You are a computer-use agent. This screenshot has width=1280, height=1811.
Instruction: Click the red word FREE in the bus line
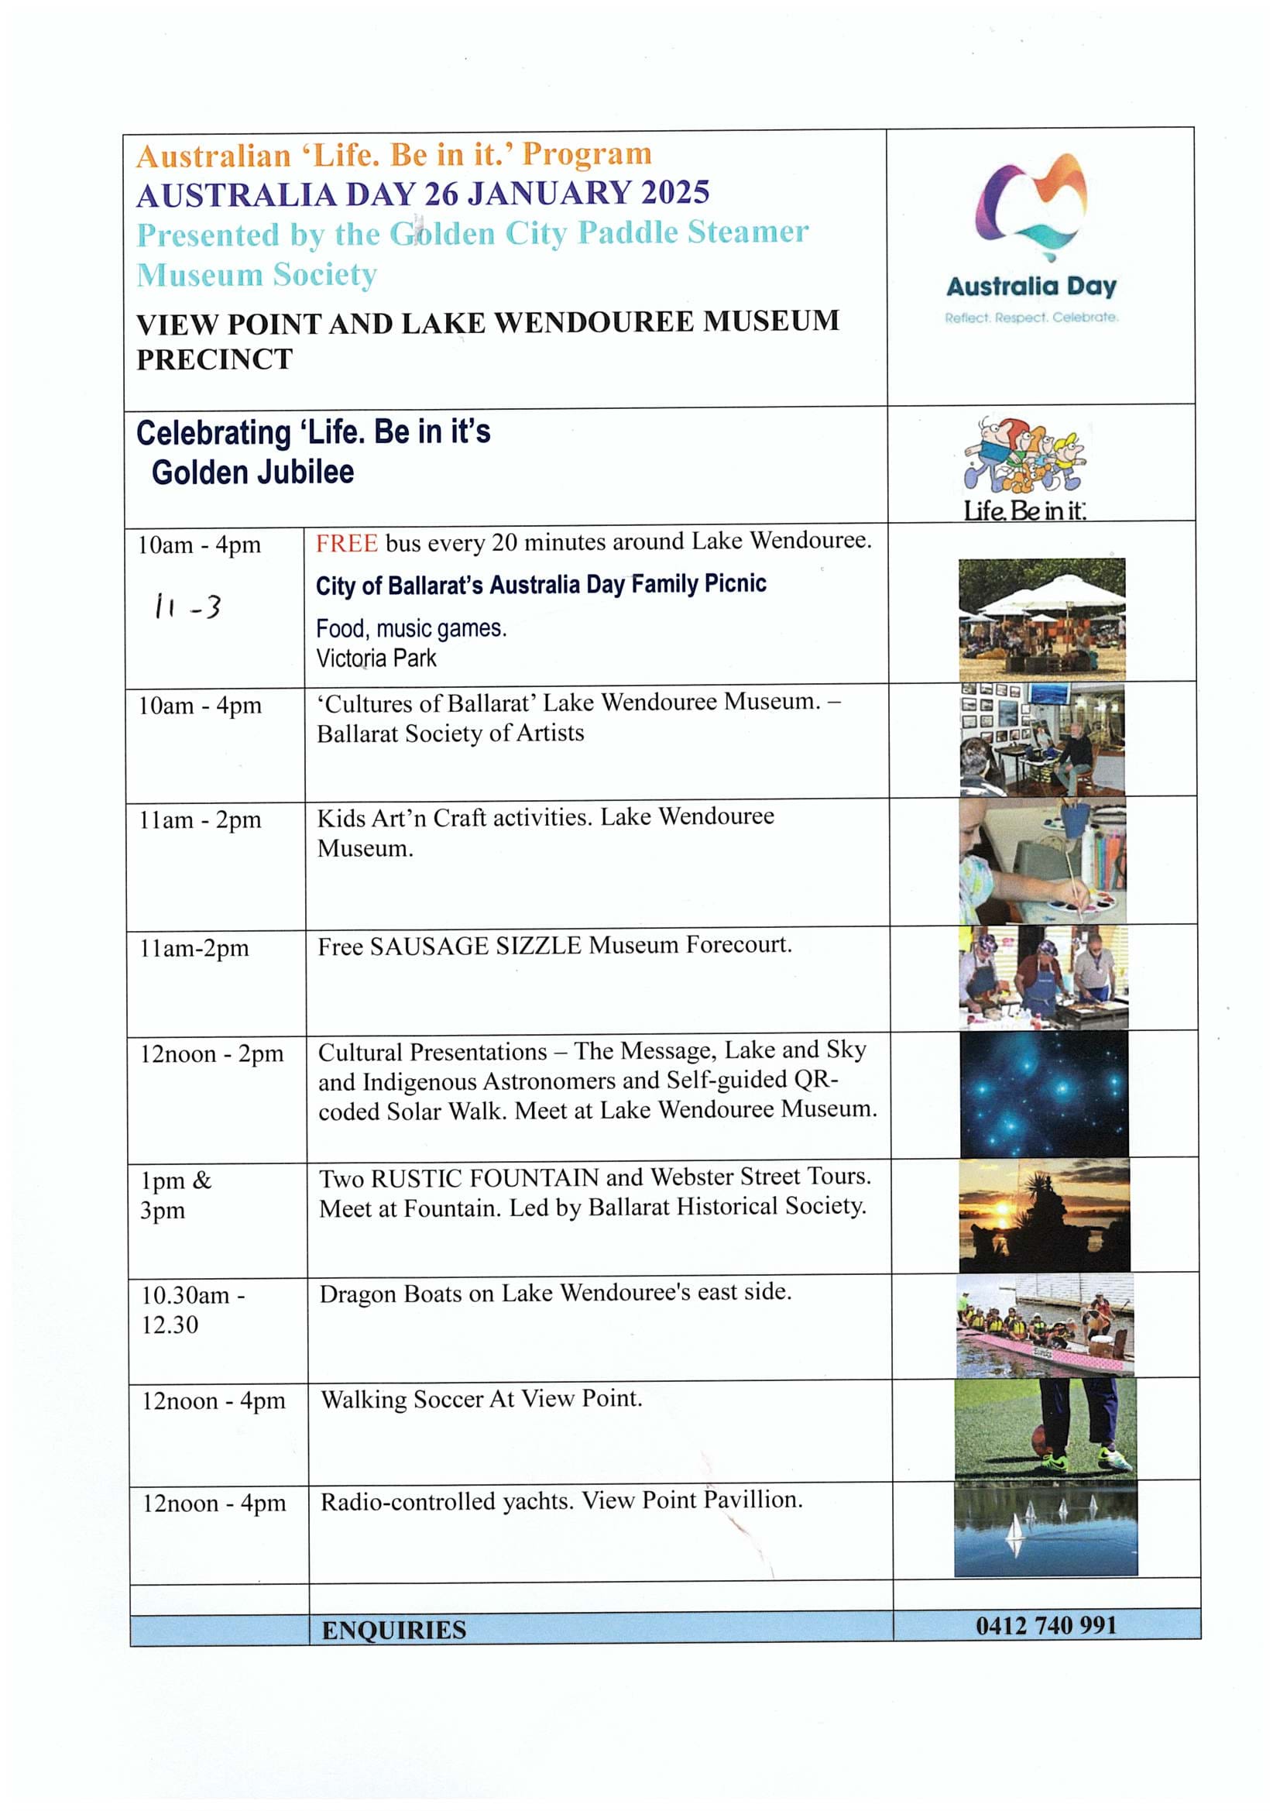[x=346, y=544]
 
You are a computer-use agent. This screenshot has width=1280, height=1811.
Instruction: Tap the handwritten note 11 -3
[x=187, y=607]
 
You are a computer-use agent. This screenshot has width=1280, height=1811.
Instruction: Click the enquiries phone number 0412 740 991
[x=1046, y=1626]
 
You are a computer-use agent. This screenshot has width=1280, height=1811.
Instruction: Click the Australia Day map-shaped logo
[x=1031, y=205]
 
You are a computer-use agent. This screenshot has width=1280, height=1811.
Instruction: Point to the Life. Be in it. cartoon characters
[x=1024, y=455]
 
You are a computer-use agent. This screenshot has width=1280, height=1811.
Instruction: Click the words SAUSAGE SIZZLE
[x=475, y=946]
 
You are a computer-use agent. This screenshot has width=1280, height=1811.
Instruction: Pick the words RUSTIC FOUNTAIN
[x=485, y=1177]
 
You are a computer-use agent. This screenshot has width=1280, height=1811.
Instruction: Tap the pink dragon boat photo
[x=1045, y=1328]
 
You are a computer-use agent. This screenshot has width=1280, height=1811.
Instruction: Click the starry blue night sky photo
[x=1044, y=1094]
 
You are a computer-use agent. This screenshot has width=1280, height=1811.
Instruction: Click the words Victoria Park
[x=376, y=658]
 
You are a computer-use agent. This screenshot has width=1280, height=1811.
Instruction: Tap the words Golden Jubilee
[x=252, y=473]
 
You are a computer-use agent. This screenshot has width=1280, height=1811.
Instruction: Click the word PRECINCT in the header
[x=214, y=359]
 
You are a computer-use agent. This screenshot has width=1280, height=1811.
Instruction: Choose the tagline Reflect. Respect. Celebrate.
[x=1031, y=317]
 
